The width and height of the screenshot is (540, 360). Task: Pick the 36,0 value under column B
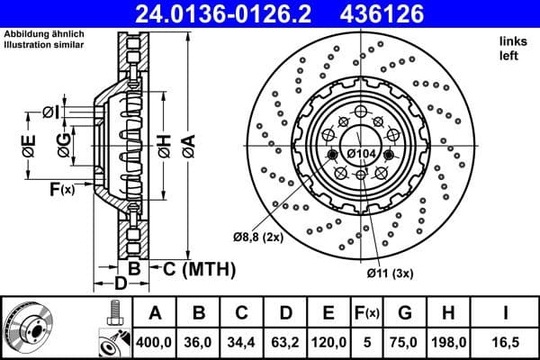click(x=198, y=343)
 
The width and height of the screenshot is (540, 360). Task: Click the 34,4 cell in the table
click(x=241, y=343)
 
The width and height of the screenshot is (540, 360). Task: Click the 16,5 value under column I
click(x=507, y=343)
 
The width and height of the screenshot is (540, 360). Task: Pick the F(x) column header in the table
click(x=368, y=313)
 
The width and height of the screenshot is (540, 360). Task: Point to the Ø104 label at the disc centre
click(x=361, y=154)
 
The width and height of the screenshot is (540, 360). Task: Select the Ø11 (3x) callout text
click(x=389, y=274)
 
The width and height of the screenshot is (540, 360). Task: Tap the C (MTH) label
click(x=199, y=269)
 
